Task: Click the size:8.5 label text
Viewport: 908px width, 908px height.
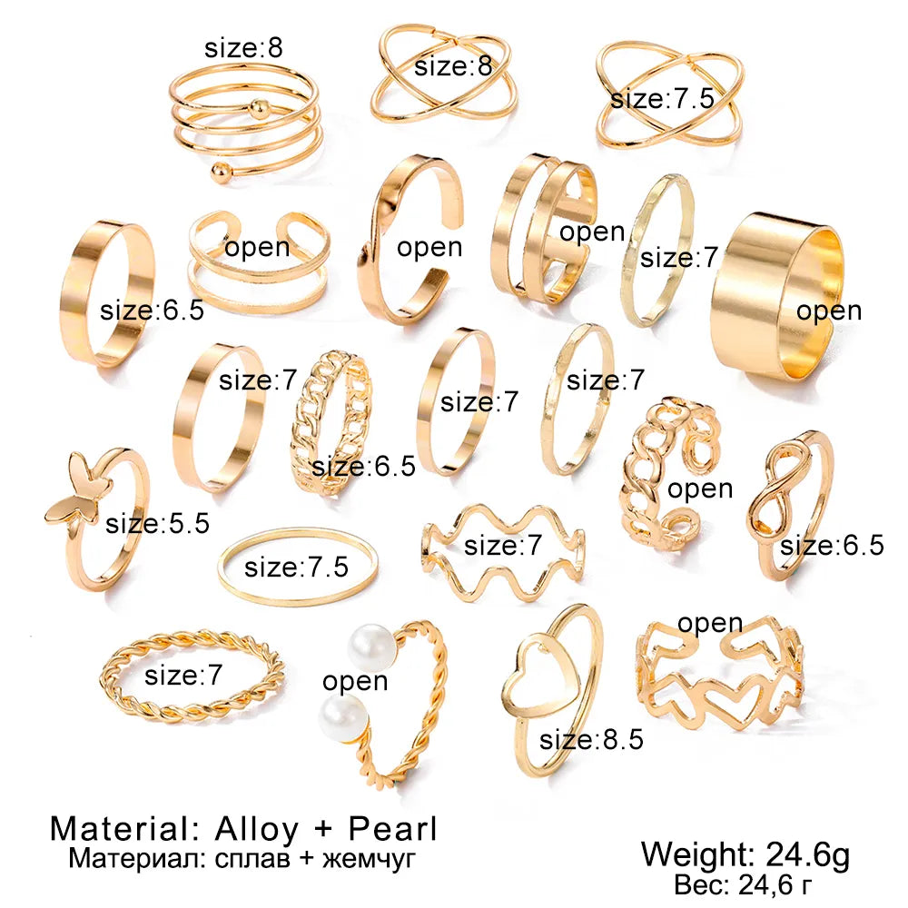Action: tap(591, 739)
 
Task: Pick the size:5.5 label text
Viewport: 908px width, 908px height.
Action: tap(157, 524)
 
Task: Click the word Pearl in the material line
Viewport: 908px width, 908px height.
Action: tap(392, 829)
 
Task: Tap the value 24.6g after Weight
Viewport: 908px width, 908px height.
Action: tap(808, 854)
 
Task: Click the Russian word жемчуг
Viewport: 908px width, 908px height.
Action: tap(369, 858)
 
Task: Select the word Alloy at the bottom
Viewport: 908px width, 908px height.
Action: tap(257, 830)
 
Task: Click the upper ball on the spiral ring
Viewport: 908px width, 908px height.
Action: tap(260, 108)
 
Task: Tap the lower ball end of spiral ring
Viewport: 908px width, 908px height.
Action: tap(220, 173)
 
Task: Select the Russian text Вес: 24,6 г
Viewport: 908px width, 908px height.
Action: tap(743, 884)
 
